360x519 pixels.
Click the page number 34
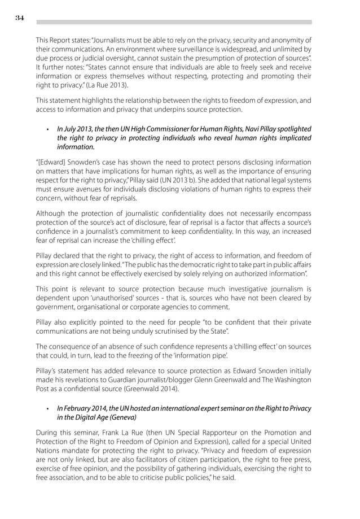19,18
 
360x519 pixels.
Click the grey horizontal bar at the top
174,22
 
